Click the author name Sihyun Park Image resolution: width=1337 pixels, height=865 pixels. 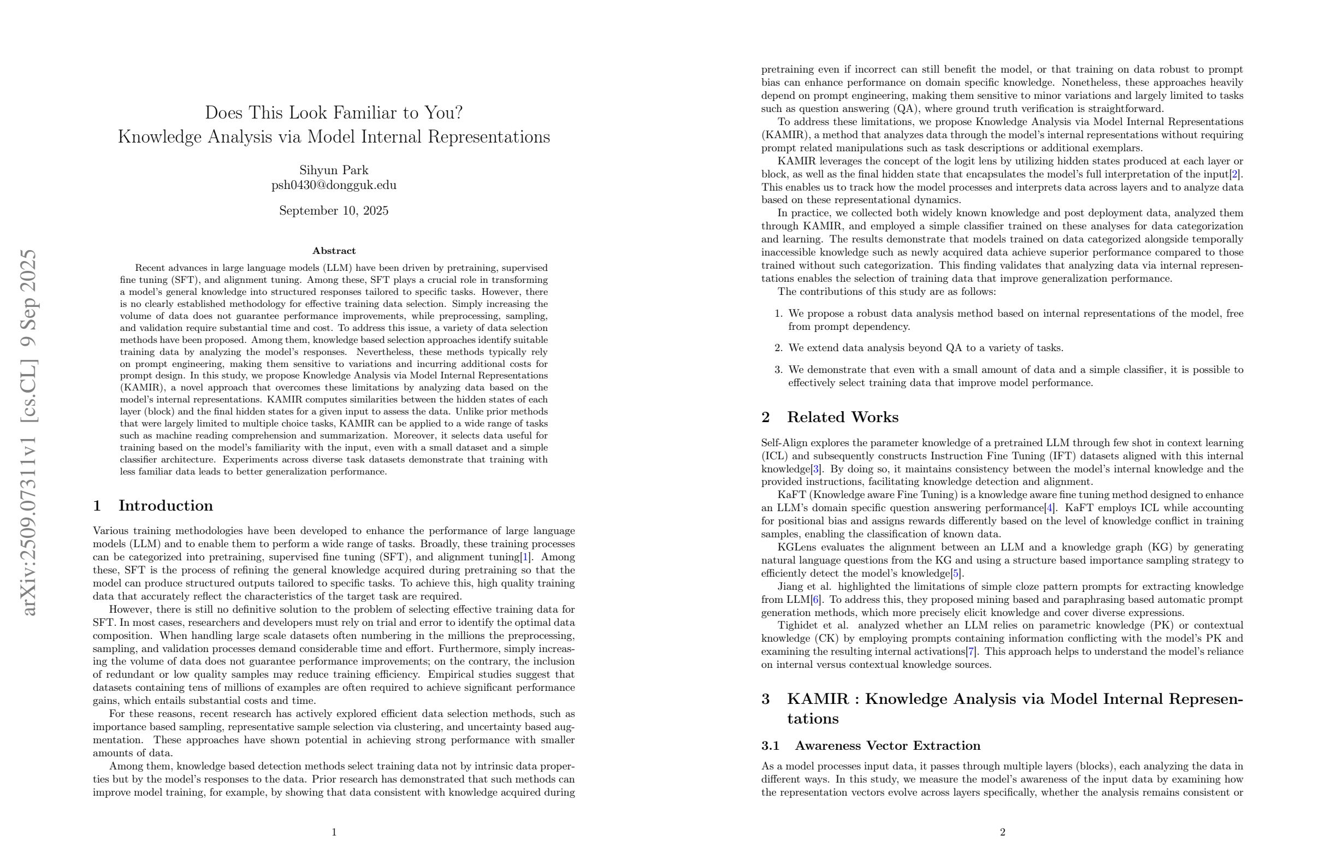tap(334, 170)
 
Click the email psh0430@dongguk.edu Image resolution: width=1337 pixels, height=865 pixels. tap(334, 185)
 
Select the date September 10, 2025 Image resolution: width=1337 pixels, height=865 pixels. tap(334, 211)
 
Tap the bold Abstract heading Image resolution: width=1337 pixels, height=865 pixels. tap(334, 251)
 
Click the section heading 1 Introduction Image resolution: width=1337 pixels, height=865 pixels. tap(153, 506)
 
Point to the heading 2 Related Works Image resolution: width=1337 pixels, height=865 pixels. tap(830, 417)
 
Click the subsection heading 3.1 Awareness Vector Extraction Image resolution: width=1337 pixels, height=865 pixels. tap(871, 745)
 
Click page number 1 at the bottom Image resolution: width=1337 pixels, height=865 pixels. tap(334, 832)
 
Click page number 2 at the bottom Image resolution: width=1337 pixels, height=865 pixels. tap(1002, 832)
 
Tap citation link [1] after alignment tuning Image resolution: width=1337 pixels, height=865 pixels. tap(525, 557)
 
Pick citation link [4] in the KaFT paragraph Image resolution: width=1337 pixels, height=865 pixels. tap(1049, 508)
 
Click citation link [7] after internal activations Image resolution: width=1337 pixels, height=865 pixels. tap(971, 651)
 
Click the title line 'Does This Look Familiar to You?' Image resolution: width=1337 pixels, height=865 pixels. tap(334, 113)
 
